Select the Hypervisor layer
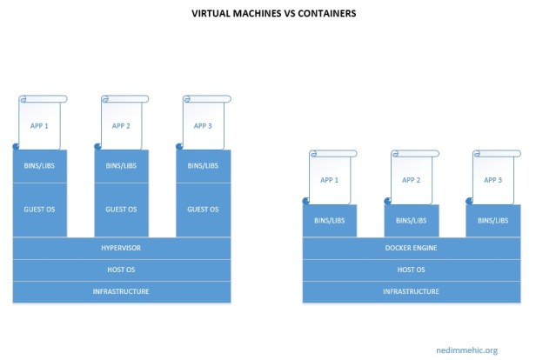click(x=121, y=248)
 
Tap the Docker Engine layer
click(x=411, y=248)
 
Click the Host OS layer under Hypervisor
click(x=121, y=270)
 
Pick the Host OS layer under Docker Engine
click(x=411, y=270)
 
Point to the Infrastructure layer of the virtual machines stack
click(x=121, y=291)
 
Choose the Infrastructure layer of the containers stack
click(x=411, y=291)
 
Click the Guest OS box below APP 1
click(x=40, y=210)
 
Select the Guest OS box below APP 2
click(x=121, y=210)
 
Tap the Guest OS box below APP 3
click(x=204, y=210)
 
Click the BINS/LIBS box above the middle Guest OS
click(x=121, y=166)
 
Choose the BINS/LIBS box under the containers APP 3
click(x=493, y=221)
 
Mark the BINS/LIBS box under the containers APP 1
click(x=330, y=221)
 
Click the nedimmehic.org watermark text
click(x=466, y=350)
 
